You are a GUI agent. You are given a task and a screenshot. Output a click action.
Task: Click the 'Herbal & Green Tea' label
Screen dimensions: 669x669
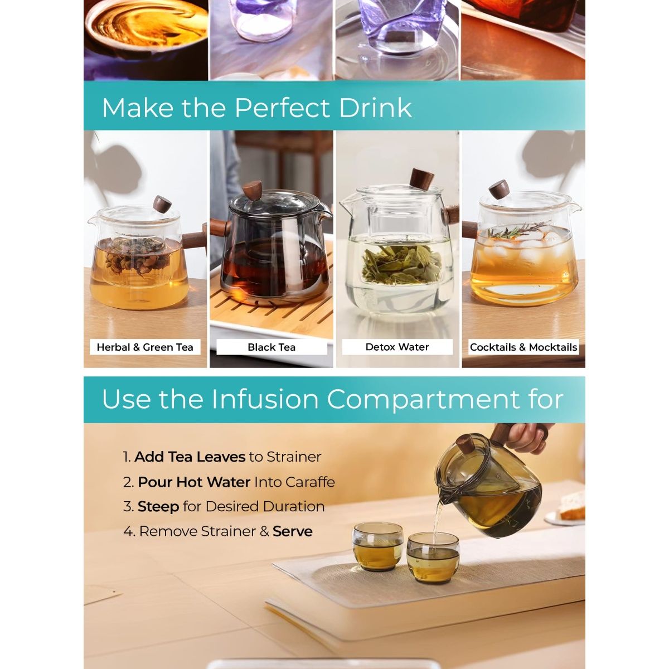click(x=145, y=347)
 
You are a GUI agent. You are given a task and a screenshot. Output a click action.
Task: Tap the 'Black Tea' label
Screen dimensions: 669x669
click(x=272, y=347)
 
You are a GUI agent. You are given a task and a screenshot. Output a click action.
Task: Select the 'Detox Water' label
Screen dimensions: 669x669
click(x=397, y=347)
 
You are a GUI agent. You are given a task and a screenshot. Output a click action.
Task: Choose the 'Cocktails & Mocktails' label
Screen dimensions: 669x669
click(x=523, y=347)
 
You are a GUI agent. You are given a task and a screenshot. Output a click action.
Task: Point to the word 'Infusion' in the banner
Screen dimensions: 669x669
click(x=265, y=399)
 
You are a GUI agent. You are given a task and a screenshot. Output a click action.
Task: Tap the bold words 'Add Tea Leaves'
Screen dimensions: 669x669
click(x=190, y=457)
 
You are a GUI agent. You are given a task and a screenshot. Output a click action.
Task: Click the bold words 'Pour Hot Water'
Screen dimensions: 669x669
click(x=194, y=482)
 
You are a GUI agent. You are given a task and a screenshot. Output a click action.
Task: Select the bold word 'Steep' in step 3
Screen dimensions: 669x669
click(x=158, y=507)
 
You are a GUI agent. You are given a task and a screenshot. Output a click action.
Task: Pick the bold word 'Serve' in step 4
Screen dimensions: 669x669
click(x=293, y=531)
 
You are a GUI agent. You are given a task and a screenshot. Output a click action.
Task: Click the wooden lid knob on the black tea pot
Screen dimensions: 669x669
click(x=252, y=190)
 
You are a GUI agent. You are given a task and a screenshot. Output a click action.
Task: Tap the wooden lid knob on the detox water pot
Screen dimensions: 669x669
click(x=422, y=179)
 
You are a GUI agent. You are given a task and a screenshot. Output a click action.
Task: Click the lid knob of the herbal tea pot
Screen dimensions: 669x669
click(x=162, y=204)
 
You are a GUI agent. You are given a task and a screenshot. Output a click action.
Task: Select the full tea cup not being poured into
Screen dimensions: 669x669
click(x=378, y=546)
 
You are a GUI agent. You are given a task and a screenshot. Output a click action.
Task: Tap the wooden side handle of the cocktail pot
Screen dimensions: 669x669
click(x=470, y=230)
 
